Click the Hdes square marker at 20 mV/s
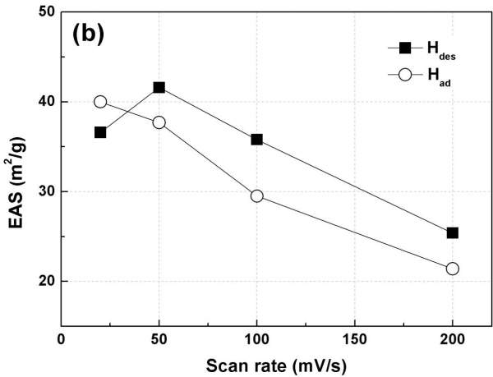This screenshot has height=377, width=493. coord(100,132)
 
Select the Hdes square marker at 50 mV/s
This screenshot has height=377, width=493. coord(159,87)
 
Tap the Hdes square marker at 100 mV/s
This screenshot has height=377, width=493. coord(257,140)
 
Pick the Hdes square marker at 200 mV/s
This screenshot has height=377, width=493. coord(453,233)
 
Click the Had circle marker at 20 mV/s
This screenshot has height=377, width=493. coord(100,102)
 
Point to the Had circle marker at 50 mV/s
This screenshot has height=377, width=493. coord(159,122)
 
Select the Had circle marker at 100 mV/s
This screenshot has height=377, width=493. coord(257,196)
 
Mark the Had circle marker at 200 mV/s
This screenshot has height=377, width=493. coord(453,269)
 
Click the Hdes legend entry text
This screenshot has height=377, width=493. coord(440,49)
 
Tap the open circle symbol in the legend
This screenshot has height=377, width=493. coord(404,76)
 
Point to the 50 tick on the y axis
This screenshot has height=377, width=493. coord(45,12)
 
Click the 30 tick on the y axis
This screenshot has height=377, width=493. coord(45,191)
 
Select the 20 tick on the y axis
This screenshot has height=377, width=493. coord(45,281)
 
